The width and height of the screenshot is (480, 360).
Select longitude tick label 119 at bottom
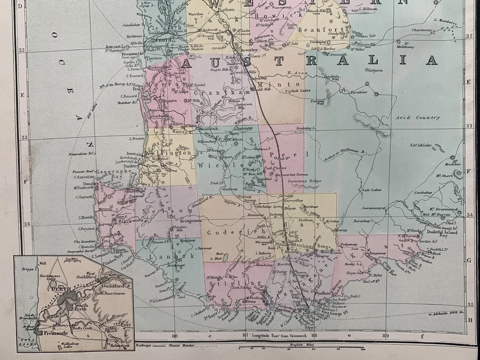click(385, 335)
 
